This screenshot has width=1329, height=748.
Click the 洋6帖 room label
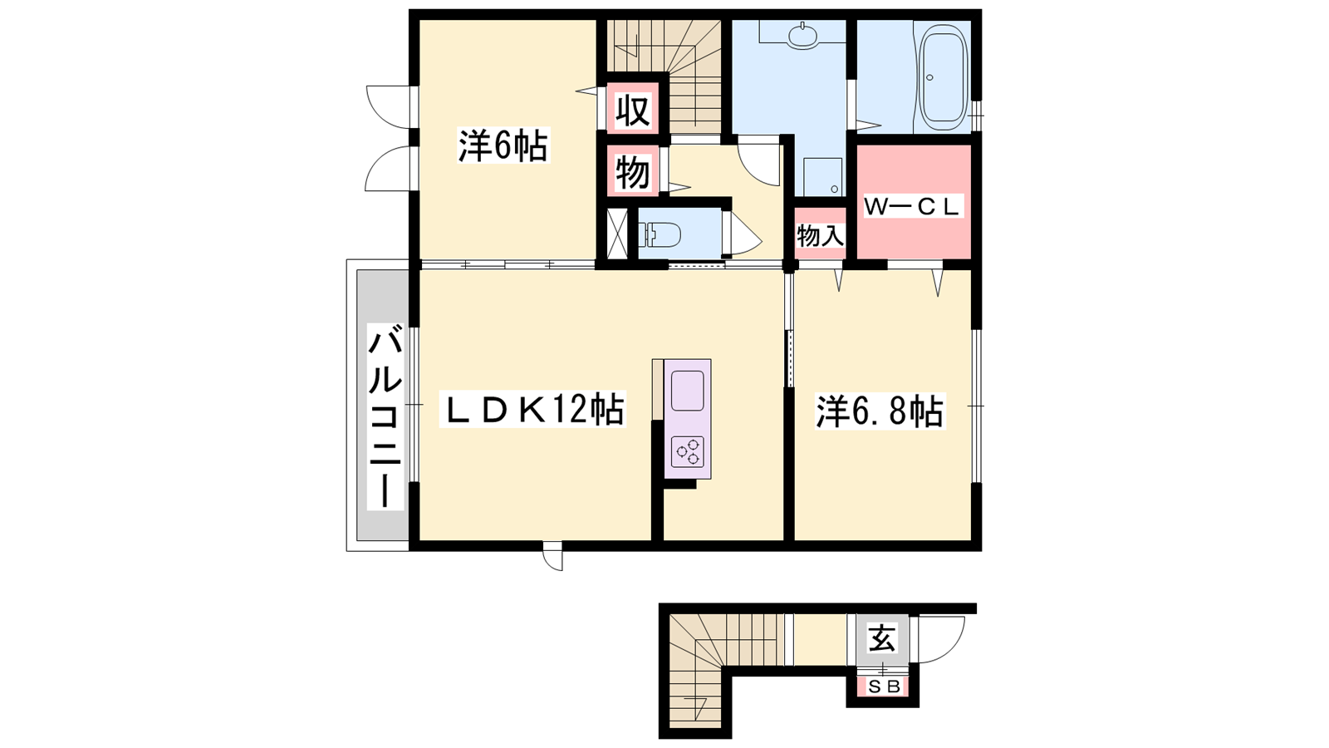click(x=503, y=145)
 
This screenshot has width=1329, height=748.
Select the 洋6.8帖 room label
click(x=880, y=411)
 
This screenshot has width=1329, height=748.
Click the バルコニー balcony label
click(x=385, y=416)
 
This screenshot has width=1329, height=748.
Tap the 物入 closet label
click(x=820, y=236)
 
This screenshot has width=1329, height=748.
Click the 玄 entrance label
click(x=882, y=639)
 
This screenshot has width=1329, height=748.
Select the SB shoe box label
click(x=885, y=686)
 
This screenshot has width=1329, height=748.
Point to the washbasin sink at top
click(x=802, y=35)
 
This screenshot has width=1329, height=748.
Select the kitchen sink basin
click(x=688, y=391)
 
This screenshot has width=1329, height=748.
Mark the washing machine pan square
click(x=823, y=176)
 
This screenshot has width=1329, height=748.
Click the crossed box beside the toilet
click(x=618, y=234)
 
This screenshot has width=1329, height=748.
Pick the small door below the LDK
click(x=553, y=556)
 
